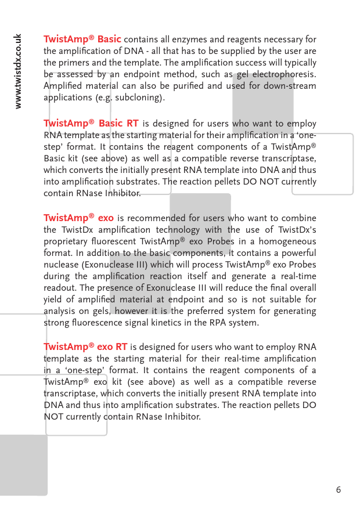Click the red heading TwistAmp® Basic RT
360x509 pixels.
[x=91, y=124]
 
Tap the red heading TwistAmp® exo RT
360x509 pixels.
[x=85, y=347]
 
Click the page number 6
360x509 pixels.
[x=339, y=490]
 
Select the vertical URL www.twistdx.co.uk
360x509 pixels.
[x=19, y=71]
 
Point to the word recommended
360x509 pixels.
[x=157, y=218]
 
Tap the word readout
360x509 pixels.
[x=60, y=288]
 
